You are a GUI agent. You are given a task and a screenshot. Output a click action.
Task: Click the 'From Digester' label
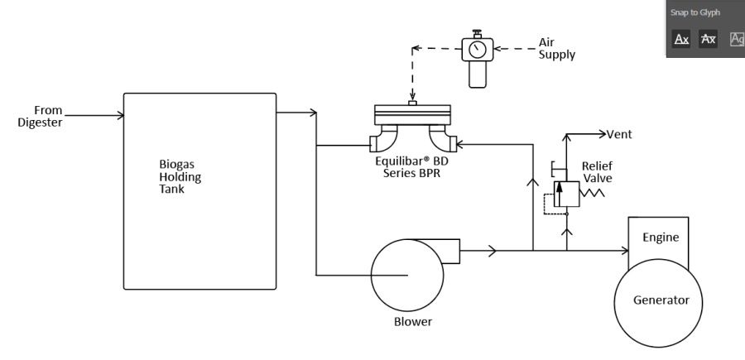[41, 117]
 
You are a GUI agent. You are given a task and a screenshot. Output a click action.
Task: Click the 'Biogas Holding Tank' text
[180, 176]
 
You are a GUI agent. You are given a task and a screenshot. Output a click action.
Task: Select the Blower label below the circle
[413, 322]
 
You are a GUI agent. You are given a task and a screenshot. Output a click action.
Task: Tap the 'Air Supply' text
[557, 49]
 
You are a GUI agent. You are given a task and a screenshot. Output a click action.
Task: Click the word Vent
[619, 134]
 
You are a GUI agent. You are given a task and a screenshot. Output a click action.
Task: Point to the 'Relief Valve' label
[597, 172]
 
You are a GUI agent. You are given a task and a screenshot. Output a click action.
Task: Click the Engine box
[658, 239]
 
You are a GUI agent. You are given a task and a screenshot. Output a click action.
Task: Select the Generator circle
[658, 303]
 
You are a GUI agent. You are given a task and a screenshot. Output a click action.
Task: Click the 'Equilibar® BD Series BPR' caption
[411, 167]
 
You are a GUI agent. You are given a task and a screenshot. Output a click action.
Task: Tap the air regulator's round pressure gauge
[477, 50]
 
